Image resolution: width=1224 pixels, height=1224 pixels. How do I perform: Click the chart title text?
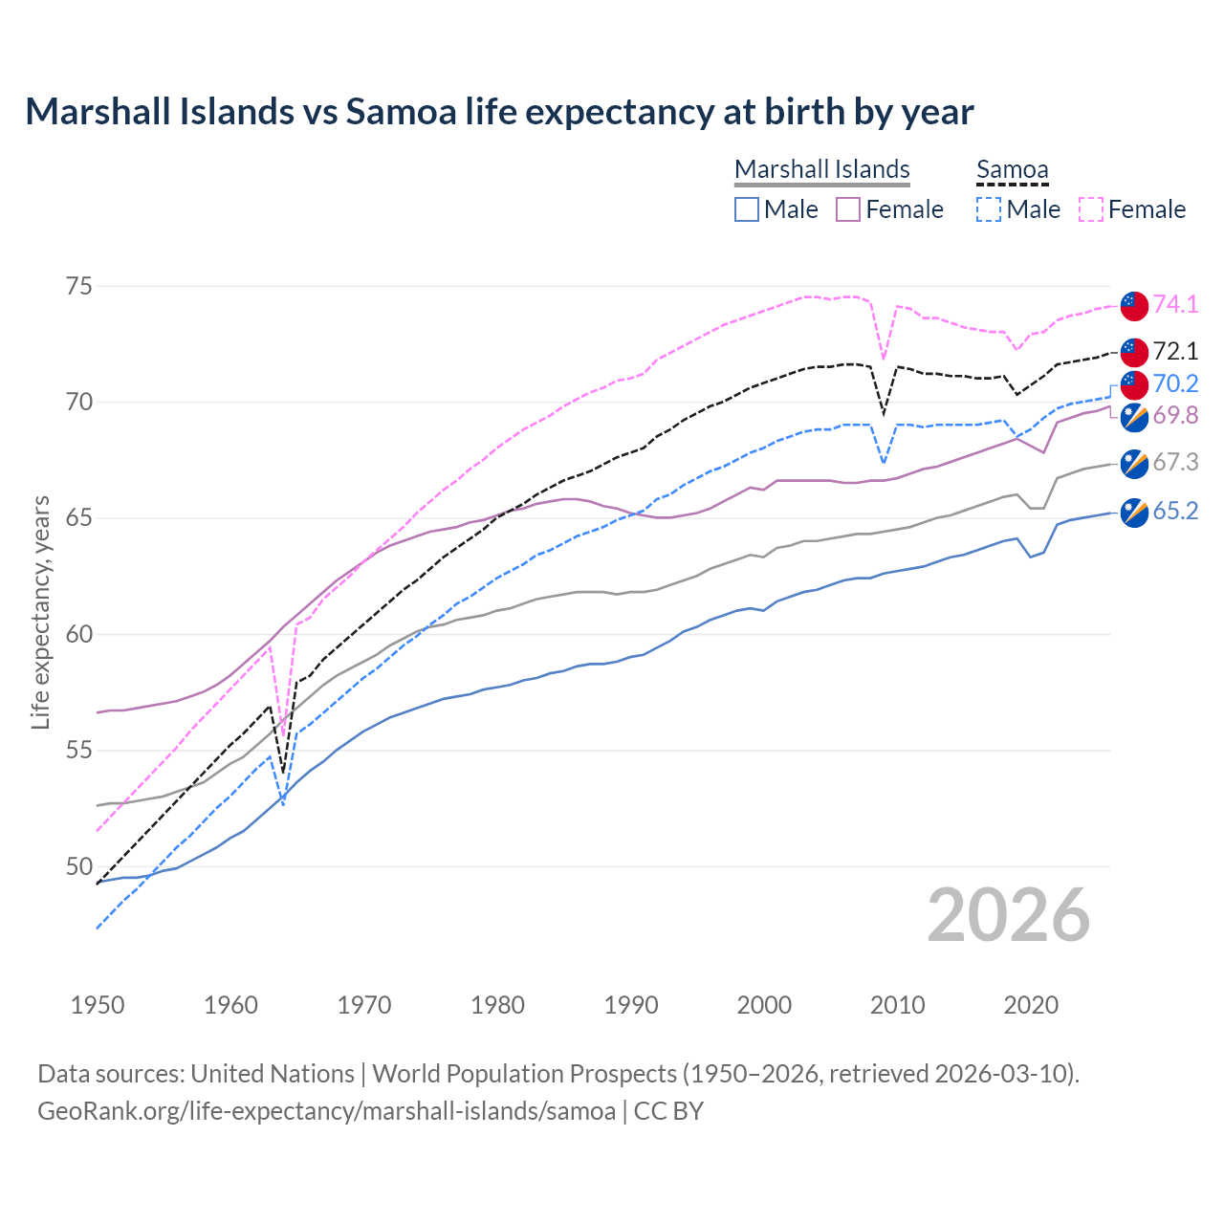(x=499, y=112)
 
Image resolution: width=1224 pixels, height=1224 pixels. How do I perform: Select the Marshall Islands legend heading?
(x=821, y=169)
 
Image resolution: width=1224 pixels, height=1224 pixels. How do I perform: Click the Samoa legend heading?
(x=1012, y=169)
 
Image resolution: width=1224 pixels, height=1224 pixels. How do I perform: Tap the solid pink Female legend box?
(x=848, y=209)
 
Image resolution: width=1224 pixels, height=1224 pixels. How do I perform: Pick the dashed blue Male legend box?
(x=989, y=209)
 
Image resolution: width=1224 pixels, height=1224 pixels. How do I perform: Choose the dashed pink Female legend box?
(x=1091, y=209)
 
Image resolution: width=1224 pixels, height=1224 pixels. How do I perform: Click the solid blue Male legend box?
(x=747, y=209)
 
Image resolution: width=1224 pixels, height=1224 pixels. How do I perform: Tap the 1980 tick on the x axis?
(x=497, y=1005)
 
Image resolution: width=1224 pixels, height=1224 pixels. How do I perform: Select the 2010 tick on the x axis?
(x=897, y=1005)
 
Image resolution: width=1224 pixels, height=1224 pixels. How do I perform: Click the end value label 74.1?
(x=1175, y=304)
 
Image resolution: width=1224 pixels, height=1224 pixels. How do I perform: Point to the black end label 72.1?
(x=1175, y=351)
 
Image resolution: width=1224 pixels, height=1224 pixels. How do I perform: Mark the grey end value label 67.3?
(x=1175, y=463)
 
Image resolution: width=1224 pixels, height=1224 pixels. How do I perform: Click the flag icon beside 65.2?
(x=1134, y=513)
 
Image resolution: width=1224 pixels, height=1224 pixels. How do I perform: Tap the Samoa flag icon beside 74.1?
(x=1134, y=305)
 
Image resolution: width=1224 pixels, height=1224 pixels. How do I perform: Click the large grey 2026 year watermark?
(x=1008, y=915)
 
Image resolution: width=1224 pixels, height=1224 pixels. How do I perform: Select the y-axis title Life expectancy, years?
(x=40, y=612)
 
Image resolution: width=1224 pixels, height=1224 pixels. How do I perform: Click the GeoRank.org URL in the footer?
(x=326, y=1111)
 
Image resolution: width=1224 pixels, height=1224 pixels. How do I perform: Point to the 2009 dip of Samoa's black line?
(x=884, y=414)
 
